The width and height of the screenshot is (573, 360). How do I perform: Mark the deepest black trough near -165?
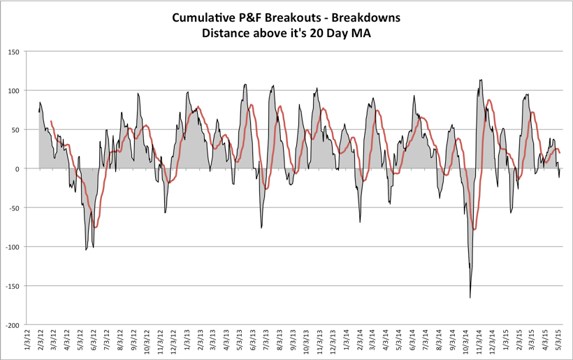(470, 298)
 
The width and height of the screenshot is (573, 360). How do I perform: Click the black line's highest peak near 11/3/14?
(481, 80)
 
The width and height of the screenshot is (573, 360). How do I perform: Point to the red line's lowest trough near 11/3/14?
(474, 229)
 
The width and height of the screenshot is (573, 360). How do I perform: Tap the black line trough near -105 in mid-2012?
(87, 250)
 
